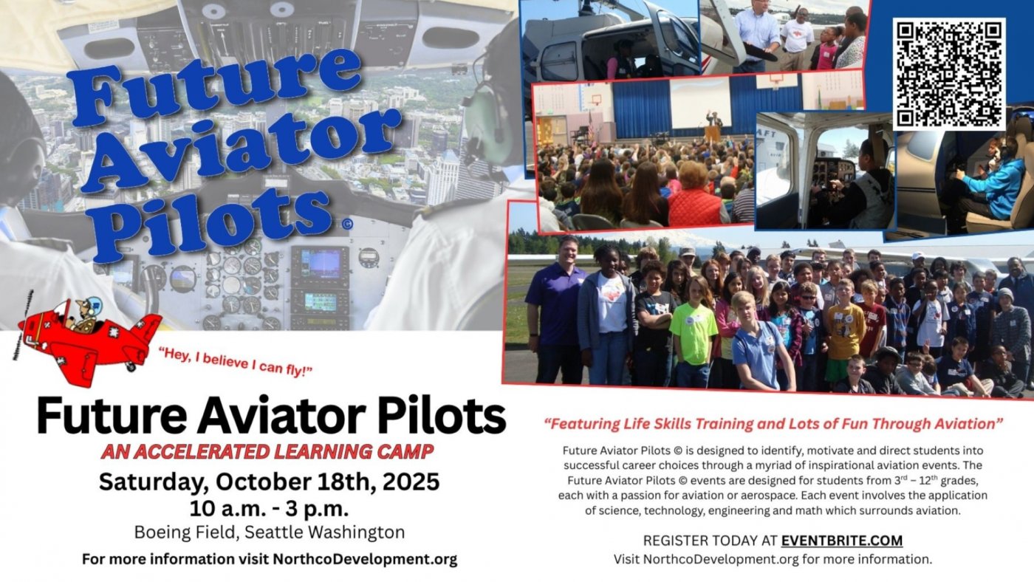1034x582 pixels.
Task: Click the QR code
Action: click(949, 74)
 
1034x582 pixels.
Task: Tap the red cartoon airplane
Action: click(88, 339)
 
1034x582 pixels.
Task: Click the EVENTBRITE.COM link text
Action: click(842, 541)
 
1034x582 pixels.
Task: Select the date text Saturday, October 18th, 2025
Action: click(269, 482)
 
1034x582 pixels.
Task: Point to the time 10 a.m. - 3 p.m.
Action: click(269, 509)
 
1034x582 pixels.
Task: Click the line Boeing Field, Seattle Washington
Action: click(270, 533)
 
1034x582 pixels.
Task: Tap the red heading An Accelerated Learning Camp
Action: click(267, 452)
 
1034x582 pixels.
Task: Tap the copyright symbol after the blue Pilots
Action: click(348, 225)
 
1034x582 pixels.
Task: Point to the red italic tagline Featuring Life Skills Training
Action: click(774, 424)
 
